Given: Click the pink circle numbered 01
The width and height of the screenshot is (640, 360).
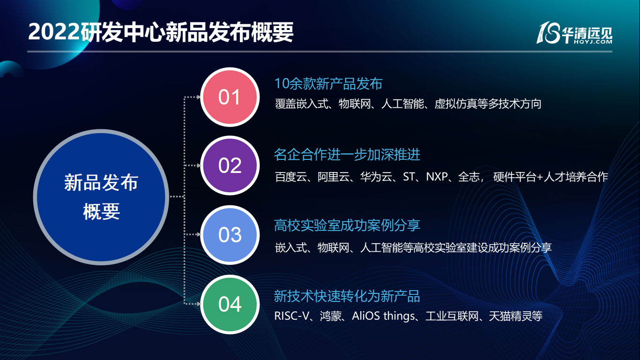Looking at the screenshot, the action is (230, 97).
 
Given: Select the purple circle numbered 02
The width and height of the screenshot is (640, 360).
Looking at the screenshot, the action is (230, 165).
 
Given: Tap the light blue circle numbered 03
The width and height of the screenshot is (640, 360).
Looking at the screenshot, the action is (230, 235).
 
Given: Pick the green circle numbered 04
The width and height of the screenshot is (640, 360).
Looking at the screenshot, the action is (230, 304).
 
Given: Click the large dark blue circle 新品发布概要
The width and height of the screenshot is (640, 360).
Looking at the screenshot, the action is (101, 197).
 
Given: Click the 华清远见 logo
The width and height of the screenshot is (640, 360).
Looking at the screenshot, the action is (574, 33).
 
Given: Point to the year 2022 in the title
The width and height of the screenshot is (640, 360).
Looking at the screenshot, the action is (54, 32).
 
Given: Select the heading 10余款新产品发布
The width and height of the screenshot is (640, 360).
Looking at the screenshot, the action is (328, 84).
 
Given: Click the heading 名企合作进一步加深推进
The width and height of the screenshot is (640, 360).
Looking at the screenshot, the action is (347, 155).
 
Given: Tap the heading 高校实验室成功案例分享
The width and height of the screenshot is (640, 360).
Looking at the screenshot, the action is (347, 225).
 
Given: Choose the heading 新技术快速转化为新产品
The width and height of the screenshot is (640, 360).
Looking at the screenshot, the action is (347, 296).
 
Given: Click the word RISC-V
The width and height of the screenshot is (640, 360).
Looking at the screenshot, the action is (292, 316).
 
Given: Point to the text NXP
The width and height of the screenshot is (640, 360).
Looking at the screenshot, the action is (437, 177).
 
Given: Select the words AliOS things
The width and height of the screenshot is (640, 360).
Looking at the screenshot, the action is (384, 316).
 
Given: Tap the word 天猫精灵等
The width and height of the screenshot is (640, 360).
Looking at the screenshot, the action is (516, 316).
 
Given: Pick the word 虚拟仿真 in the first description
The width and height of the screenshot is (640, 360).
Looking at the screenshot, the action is (456, 104).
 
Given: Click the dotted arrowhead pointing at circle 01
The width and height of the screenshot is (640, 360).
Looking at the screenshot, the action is (198, 97).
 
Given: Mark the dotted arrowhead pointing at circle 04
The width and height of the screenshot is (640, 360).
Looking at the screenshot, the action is (198, 304).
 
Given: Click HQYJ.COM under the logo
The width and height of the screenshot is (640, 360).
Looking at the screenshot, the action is (593, 42).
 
